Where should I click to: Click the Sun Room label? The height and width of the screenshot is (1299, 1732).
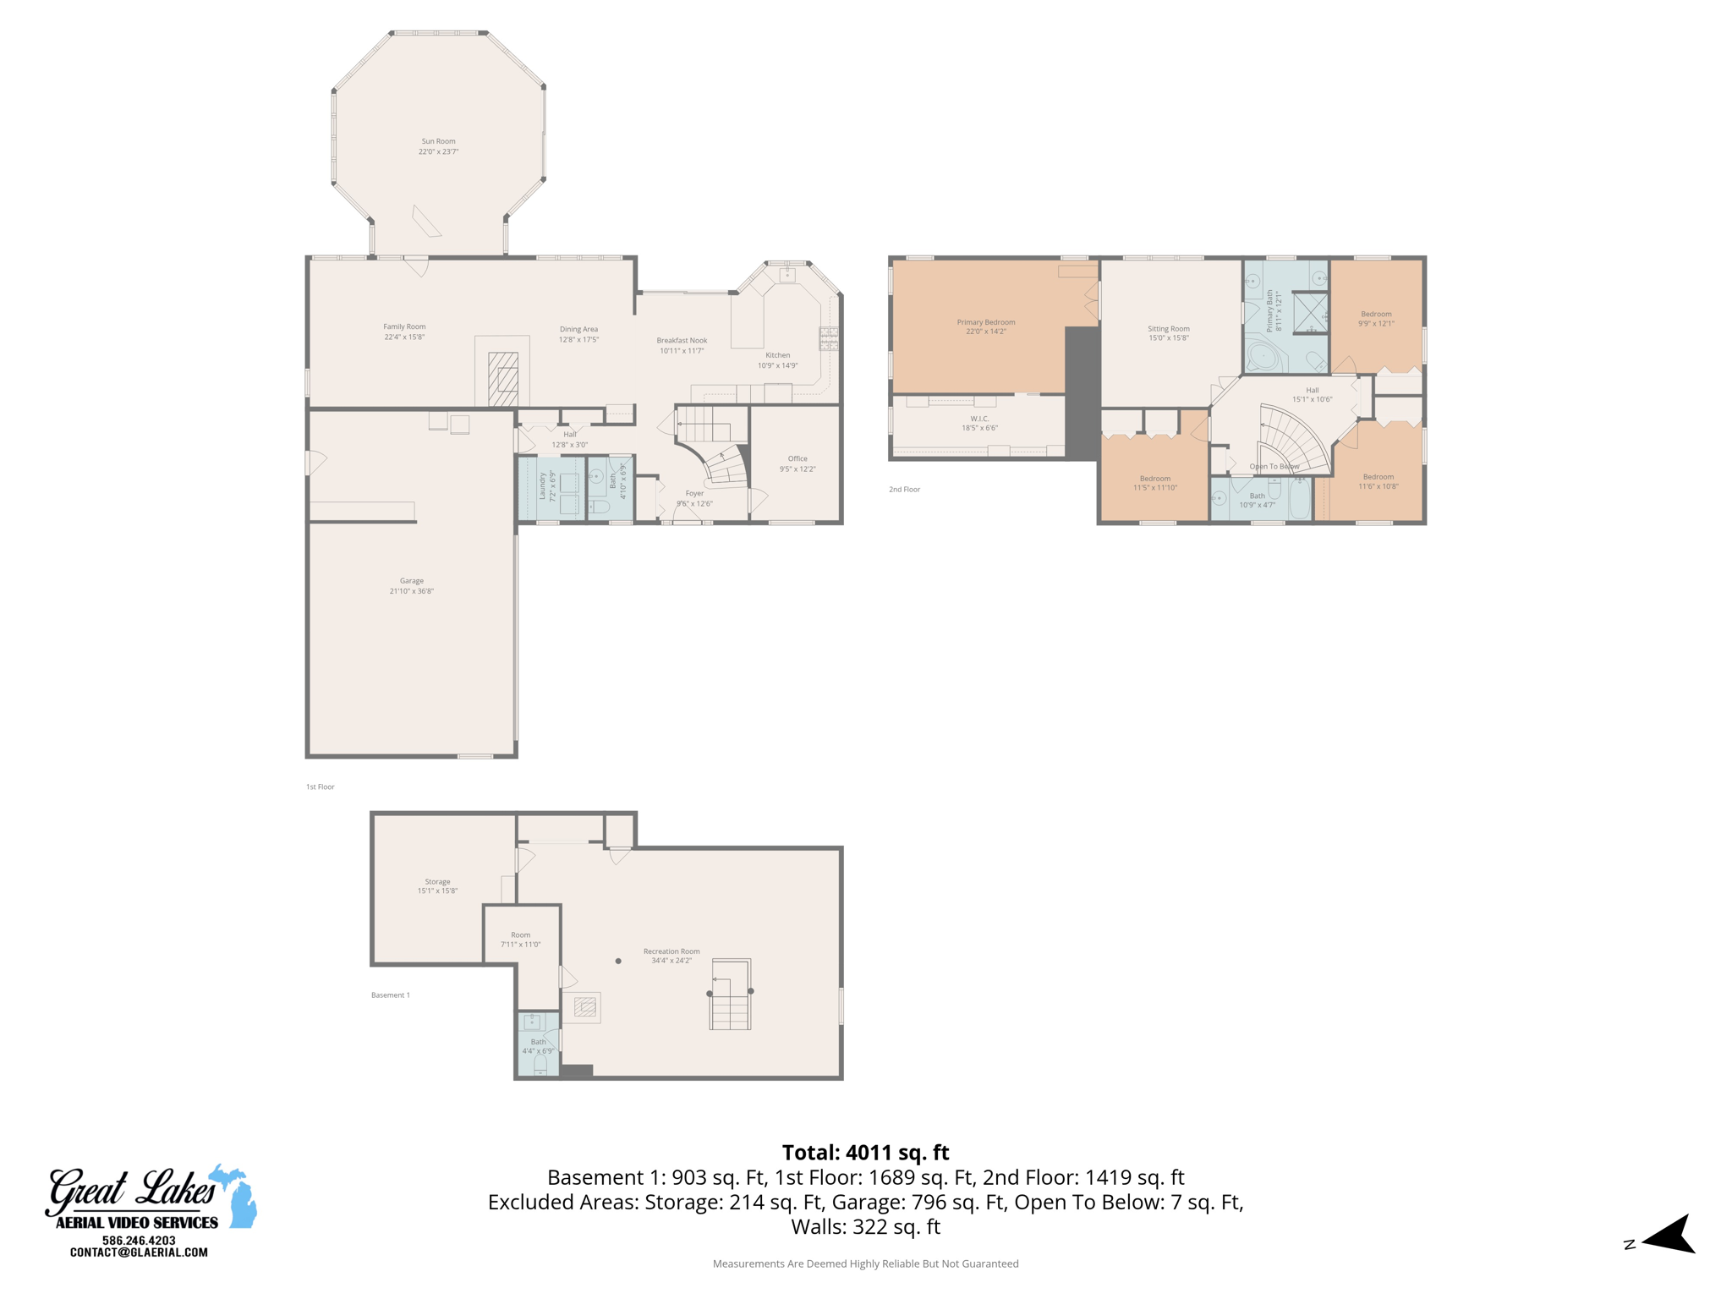tap(438, 141)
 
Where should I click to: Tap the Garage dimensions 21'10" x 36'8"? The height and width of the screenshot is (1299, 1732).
tap(411, 591)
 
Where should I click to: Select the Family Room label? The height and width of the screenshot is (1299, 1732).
tap(404, 326)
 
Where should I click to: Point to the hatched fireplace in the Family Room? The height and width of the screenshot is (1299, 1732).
tap(503, 379)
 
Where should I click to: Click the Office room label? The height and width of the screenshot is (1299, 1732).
tap(797, 458)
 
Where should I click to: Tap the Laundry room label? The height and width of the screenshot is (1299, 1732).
tap(542, 486)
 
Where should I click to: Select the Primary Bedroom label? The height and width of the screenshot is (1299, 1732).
tap(986, 322)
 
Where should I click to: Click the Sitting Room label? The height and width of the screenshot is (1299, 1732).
tap(1169, 329)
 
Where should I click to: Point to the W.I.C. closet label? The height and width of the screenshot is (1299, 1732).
tap(979, 419)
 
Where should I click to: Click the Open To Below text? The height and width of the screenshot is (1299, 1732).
tap(1274, 467)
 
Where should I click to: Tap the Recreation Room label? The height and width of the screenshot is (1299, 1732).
tap(671, 951)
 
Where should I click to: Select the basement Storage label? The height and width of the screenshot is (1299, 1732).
tap(437, 881)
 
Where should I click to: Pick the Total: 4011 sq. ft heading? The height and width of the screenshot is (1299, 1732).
tap(865, 1153)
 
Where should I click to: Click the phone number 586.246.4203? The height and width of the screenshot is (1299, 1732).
tap(139, 1241)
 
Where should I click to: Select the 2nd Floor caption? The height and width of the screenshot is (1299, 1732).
tap(904, 490)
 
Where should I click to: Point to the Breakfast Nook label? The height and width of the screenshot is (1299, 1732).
tap(682, 341)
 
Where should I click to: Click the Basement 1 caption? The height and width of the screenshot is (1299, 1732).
tap(390, 995)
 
